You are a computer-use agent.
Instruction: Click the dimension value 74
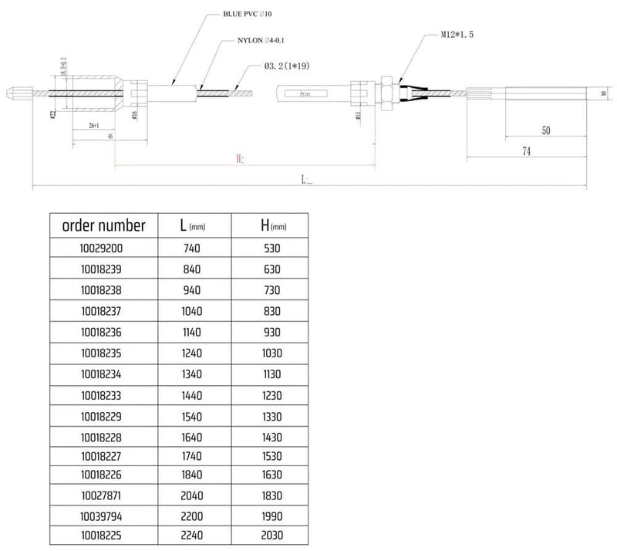(527, 152)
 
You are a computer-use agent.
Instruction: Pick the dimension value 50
(545, 131)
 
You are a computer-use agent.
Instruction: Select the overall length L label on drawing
(308, 180)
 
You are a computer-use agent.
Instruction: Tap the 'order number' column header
(103, 226)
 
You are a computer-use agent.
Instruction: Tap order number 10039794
(103, 516)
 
